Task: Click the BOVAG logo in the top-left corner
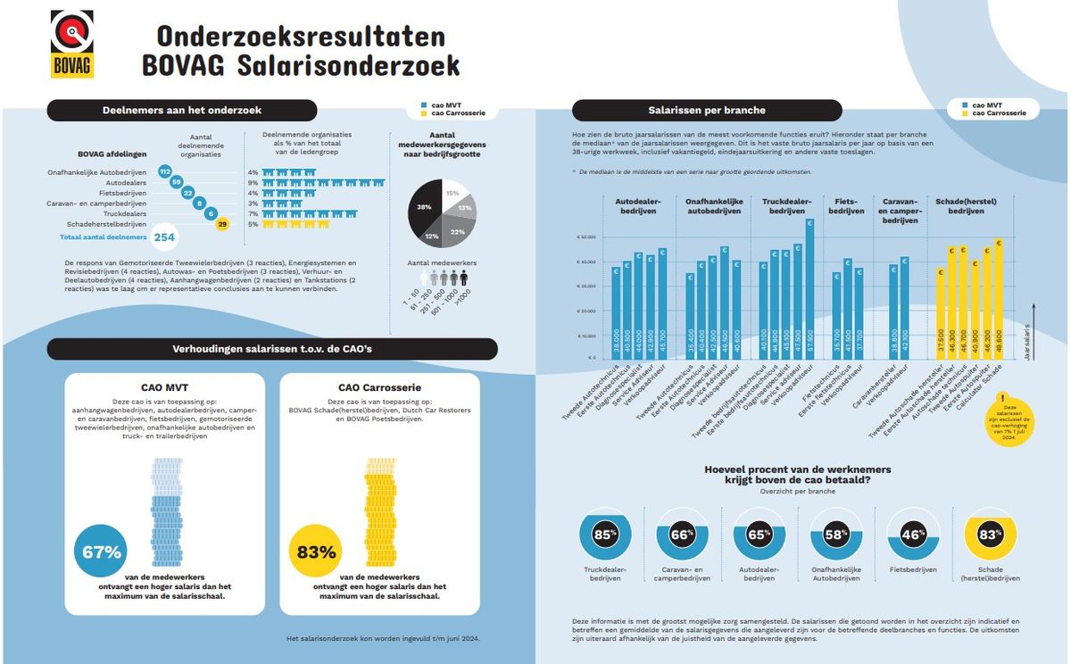72,44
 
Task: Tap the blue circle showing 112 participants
164,170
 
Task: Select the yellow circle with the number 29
222,224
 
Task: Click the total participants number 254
164,237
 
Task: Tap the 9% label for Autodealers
253,184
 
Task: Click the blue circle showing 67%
101,552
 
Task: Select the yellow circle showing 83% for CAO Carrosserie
316,552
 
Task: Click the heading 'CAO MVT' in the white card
165,388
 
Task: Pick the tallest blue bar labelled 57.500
809,290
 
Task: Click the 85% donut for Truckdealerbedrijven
605,535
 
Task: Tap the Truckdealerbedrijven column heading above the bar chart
786,206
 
